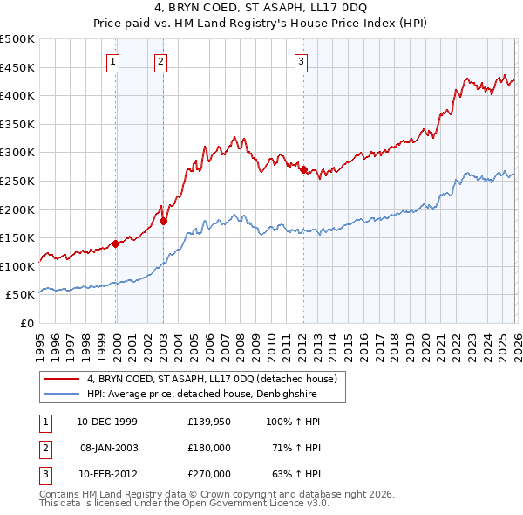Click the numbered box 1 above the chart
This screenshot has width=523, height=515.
click(x=114, y=61)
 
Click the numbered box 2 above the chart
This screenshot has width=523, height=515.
click(x=162, y=61)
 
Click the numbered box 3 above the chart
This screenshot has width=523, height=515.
click(x=301, y=61)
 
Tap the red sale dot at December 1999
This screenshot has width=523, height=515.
click(x=115, y=244)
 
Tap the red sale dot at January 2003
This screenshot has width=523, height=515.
click(x=163, y=222)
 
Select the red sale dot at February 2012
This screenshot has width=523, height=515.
click(x=303, y=170)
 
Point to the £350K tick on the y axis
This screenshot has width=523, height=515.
click(x=17, y=124)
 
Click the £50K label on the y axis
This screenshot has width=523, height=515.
click(x=21, y=295)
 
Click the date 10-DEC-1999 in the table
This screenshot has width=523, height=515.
click(x=106, y=422)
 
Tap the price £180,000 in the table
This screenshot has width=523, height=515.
click(x=209, y=448)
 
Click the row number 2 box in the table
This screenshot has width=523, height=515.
click(x=43, y=448)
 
